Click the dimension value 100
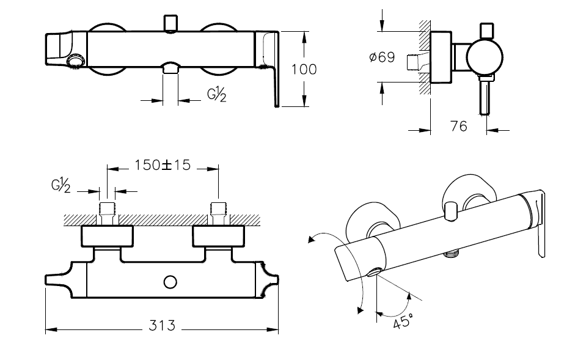click(304, 69)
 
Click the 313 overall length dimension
click(161, 325)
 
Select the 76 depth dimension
click(458, 126)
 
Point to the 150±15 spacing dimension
click(163, 164)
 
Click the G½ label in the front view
click(216, 95)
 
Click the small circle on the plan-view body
click(170, 282)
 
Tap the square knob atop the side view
click(487, 30)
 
